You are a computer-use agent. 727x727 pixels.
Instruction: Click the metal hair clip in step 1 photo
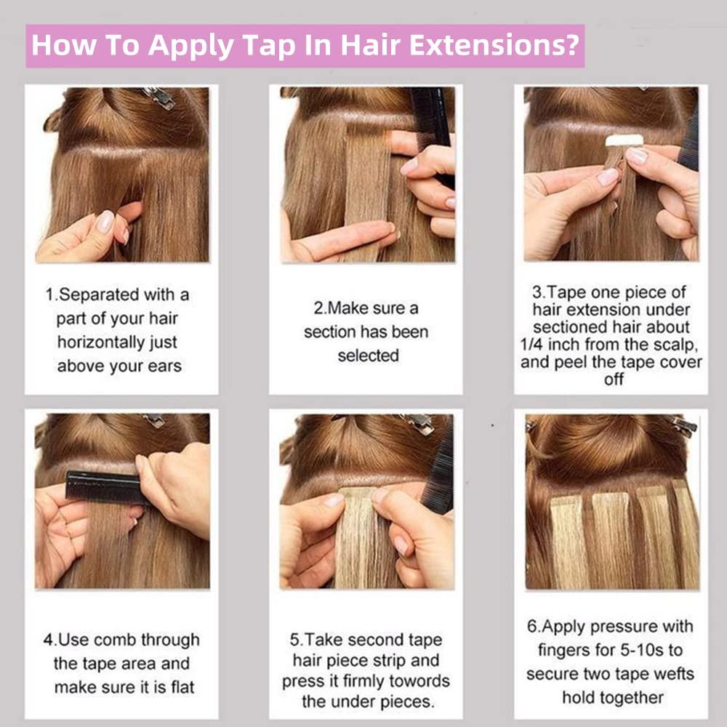158,97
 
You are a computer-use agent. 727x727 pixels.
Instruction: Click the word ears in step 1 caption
161,366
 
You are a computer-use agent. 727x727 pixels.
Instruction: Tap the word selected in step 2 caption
368,356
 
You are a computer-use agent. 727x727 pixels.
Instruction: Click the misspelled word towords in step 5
417,680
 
